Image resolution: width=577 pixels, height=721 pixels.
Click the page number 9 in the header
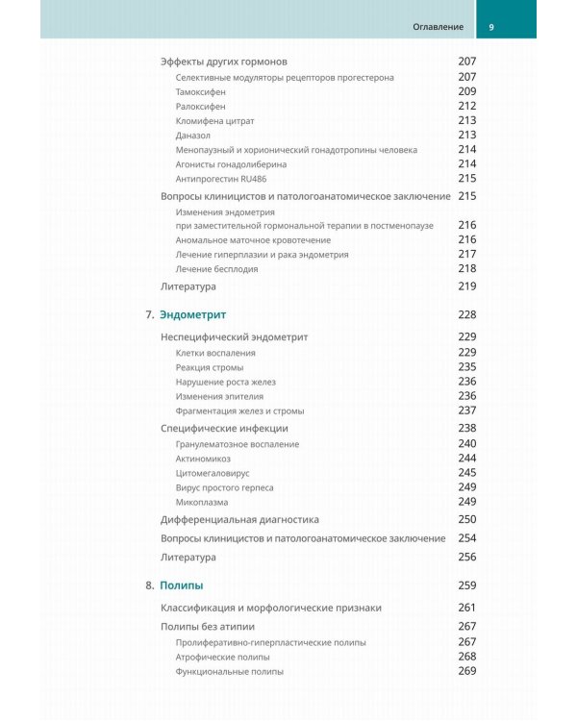click(x=492, y=26)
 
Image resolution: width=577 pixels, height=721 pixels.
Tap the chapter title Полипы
click(x=181, y=585)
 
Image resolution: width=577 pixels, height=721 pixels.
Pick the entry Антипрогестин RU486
click(x=218, y=179)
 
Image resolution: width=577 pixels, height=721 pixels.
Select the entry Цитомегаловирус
click(x=211, y=473)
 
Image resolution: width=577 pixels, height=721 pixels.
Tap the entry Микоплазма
click(x=202, y=502)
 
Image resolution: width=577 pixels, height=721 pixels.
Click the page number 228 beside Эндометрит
click(x=467, y=315)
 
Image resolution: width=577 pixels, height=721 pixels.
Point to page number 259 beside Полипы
click(x=467, y=585)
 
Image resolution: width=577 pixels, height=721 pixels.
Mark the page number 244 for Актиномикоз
click(x=467, y=459)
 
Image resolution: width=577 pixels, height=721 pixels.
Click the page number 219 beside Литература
click(x=467, y=286)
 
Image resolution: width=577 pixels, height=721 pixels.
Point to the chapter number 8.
click(x=149, y=585)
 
